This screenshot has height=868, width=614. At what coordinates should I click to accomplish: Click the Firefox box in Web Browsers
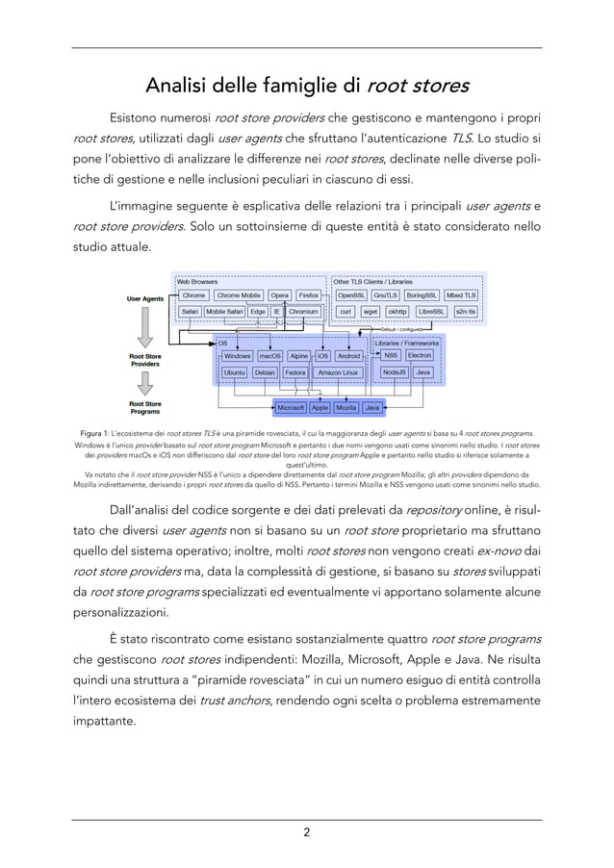pos(309,295)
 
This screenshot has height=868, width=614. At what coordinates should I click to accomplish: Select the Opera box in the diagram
pos(279,295)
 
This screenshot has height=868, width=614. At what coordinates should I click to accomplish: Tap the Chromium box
pos(303,312)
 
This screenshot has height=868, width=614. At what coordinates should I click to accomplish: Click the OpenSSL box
pos(350,295)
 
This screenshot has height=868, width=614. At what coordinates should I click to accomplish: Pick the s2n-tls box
pos(466,312)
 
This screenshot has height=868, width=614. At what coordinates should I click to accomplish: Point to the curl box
pos(345,312)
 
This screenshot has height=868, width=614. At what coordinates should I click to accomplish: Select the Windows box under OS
pos(237,355)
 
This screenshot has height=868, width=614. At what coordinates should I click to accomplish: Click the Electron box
pos(420,355)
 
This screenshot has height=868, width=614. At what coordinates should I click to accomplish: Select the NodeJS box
pos(394,371)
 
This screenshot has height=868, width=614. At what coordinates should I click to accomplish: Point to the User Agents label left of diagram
pos(145,299)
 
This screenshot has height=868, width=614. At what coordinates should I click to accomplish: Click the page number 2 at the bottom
pos(307,833)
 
